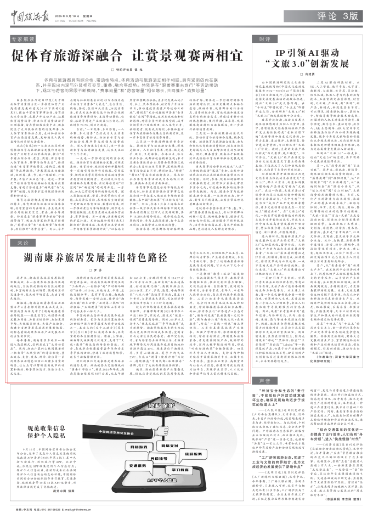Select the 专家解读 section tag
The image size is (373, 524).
click(x=24, y=40)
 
